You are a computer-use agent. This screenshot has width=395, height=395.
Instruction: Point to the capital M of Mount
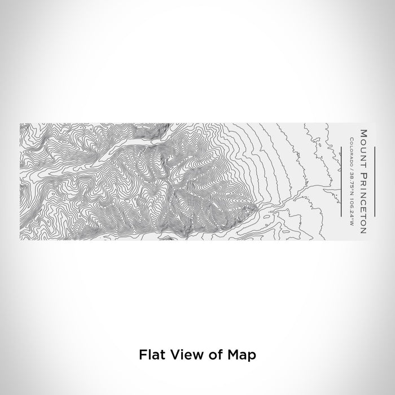[363, 133]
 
